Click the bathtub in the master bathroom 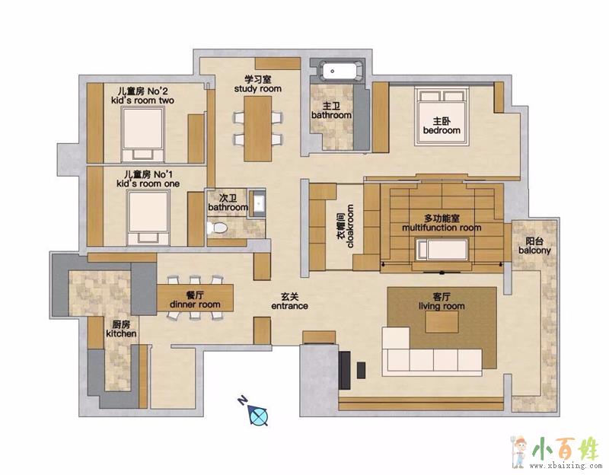point(340,71)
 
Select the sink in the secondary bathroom point(258,202)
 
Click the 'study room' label point(257,89)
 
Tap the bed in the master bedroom point(442,116)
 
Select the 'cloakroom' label point(350,226)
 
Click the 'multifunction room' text point(442,228)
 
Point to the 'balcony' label point(534,250)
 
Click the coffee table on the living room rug point(442,322)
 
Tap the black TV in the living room point(345,370)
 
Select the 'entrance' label point(289,306)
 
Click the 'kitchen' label point(121,333)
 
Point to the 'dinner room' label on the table point(195,304)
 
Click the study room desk point(257,128)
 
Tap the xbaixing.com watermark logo point(555,453)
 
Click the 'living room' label point(442,307)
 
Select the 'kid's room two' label point(142,100)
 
